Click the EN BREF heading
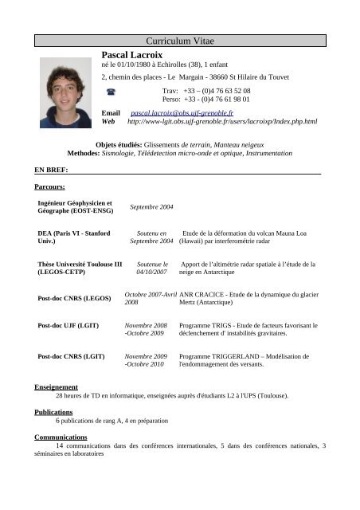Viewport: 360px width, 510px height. pyautogui.click(x=51, y=170)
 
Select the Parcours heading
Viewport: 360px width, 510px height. pyautogui.click(x=50, y=187)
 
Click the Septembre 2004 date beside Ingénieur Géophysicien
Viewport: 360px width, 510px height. pyautogui.click(x=151, y=207)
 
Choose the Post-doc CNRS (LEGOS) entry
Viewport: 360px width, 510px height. pyautogui.click(x=74, y=299)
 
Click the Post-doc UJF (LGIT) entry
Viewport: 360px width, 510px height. pyautogui.click(x=68, y=326)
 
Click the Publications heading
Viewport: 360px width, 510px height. pyautogui.click(x=53, y=413)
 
